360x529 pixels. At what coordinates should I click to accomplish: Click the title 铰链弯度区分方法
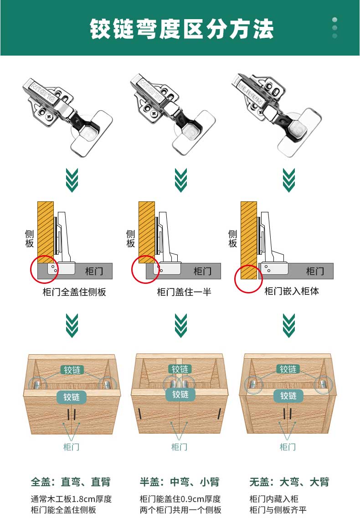click(x=181, y=29)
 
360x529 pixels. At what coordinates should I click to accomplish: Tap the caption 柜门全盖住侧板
click(x=74, y=292)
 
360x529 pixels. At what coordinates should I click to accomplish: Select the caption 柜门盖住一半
click(x=184, y=292)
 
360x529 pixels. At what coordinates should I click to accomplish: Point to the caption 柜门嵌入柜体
click(x=292, y=291)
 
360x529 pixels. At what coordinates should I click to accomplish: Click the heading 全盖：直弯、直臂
click(x=71, y=482)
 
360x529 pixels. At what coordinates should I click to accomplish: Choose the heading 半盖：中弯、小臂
click(x=180, y=482)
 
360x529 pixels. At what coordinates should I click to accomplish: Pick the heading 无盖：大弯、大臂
click(x=289, y=482)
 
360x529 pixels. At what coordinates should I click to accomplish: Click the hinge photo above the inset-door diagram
click(x=277, y=115)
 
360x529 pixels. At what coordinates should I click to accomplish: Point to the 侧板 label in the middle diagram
click(x=131, y=238)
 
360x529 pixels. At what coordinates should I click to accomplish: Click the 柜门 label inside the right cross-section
click(x=315, y=271)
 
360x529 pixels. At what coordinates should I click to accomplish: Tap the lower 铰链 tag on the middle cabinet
click(x=180, y=395)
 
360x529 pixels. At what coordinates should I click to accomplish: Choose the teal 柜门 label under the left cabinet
click(x=71, y=447)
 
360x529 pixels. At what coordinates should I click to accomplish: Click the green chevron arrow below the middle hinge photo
click(x=181, y=180)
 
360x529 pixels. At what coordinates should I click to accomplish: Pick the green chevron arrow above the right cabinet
click(x=289, y=326)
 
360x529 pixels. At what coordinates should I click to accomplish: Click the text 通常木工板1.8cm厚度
click(x=71, y=499)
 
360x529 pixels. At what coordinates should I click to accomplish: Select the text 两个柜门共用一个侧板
click(x=180, y=510)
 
